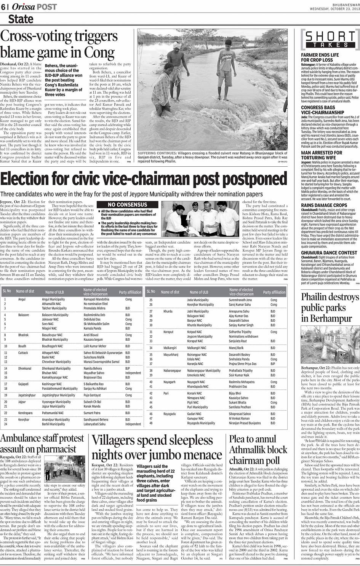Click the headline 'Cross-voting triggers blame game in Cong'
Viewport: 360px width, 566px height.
point(59,44)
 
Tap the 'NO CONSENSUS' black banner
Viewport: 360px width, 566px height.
point(127,205)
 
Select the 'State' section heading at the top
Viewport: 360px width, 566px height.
point(21,19)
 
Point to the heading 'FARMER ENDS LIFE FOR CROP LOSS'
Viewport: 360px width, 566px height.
point(320,57)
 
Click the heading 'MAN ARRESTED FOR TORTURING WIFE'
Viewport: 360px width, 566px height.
point(322,155)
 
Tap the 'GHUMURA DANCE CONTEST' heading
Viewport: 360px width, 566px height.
point(329,252)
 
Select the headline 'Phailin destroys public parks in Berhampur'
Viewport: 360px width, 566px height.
point(330,308)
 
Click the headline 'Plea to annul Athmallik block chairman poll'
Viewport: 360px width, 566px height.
point(258,455)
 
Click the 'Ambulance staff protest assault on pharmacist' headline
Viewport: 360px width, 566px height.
point(42,443)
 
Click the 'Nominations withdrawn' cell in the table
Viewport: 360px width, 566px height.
point(243,336)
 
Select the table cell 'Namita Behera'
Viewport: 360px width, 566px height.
point(93,368)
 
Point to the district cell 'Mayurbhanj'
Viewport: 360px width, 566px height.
point(171,355)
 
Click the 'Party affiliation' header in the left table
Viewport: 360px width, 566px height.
point(130,292)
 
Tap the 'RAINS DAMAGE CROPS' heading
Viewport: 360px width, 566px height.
point(324,205)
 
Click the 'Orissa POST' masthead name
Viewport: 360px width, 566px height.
point(34,7)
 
